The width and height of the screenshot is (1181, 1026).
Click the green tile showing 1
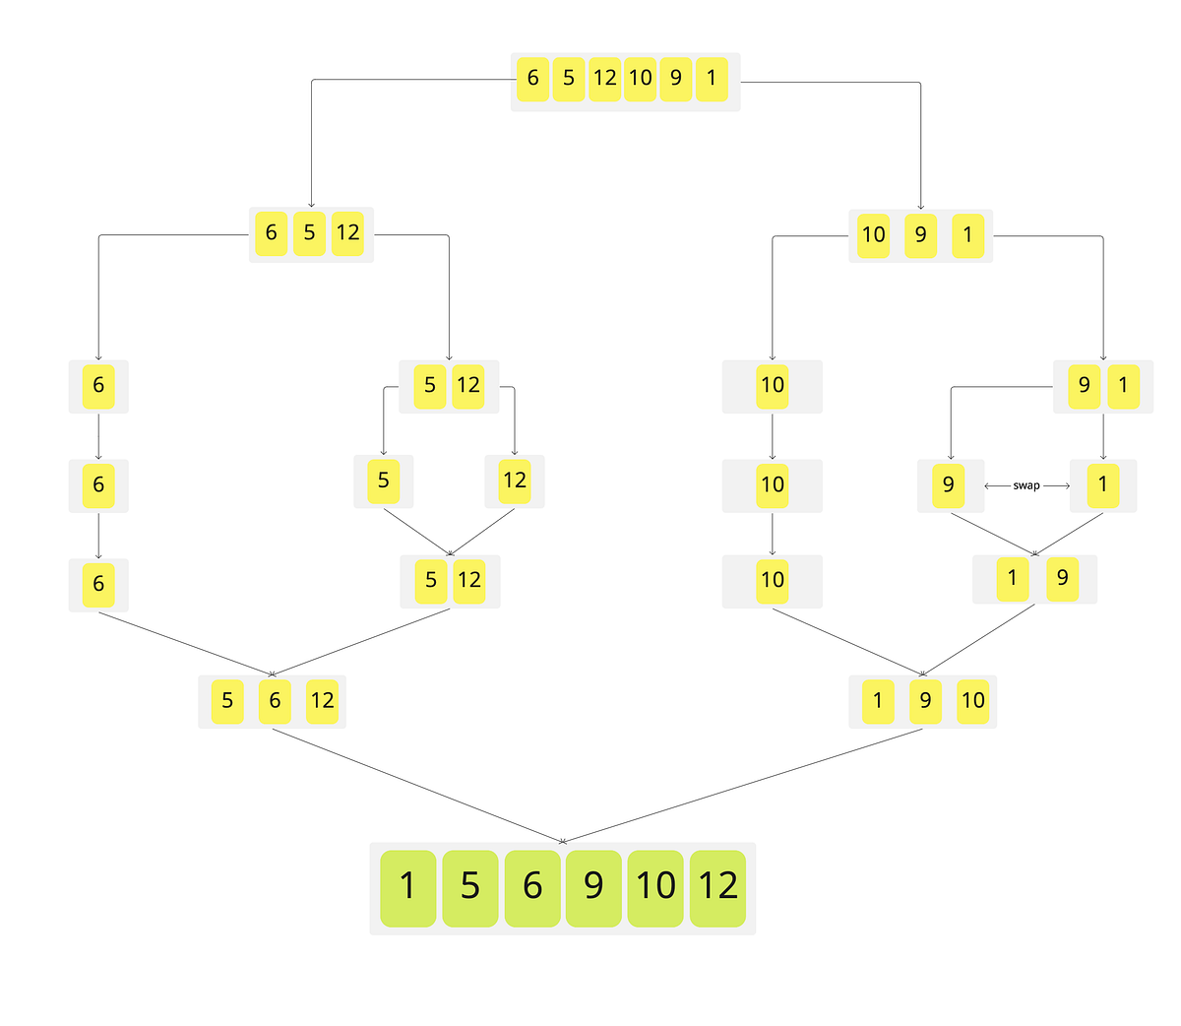point(407,887)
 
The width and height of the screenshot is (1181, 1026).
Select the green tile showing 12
point(717,887)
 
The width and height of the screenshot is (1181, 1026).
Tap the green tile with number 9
point(593,887)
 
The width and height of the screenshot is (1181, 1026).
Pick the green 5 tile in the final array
point(470,887)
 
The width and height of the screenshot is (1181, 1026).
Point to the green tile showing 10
point(655,887)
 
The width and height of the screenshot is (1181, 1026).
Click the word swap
point(1026,485)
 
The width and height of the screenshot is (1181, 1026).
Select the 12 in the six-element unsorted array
point(604,78)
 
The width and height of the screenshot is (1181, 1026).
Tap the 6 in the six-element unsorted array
point(532,78)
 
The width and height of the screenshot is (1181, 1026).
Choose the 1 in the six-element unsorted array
point(712,78)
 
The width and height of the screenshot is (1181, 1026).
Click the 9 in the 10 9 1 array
point(921,235)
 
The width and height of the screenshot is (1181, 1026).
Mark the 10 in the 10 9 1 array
point(873,235)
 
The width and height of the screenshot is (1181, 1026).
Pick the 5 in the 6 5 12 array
point(309,233)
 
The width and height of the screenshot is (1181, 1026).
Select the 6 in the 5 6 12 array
point(275,701)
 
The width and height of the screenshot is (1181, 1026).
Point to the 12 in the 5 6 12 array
point(322,701)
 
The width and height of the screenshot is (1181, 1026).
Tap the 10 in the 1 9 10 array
point(972,701)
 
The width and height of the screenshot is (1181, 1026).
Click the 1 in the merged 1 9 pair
point(1012,578)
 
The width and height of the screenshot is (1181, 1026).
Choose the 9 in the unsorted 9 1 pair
point(1085,385)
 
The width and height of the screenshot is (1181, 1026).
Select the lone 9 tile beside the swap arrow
point(949,484)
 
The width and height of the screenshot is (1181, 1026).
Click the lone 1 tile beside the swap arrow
point(1102,484)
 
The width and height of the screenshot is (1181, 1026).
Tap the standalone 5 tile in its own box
point(383,481)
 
